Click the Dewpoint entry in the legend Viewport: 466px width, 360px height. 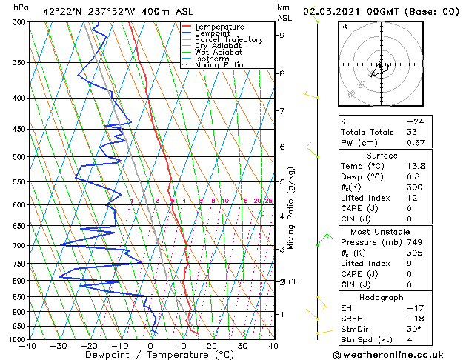point(213,33)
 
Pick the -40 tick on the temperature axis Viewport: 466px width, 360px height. point(28,345)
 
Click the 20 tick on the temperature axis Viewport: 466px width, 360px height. point(212,345)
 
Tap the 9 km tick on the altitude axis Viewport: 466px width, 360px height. point(282,35)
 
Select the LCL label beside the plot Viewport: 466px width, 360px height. point(291,282)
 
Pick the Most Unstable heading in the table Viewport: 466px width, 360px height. point(381,232)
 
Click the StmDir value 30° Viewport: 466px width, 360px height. point(415,330)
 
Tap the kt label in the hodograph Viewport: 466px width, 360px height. point(344,26)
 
